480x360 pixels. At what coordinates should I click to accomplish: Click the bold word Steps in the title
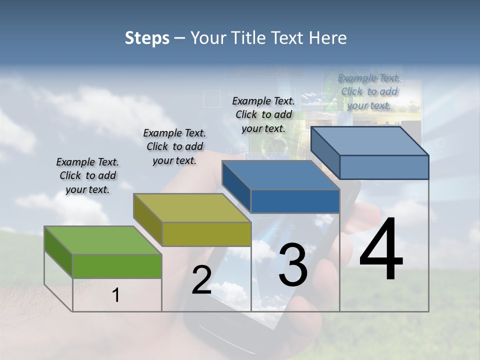[x=147, y=38]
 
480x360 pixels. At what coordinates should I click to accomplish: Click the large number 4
[x=381, y=249]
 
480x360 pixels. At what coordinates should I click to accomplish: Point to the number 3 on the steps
[x=293, y=265]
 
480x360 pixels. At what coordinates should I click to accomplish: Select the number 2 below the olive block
[x=201, y=280]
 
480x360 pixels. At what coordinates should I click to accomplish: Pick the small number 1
[x=116, y=295]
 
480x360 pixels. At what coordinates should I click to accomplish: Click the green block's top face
[x=102, y=240]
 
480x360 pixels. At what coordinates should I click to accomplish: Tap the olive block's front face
[x=206, y=234]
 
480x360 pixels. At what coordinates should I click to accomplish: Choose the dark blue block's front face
[x=295, y=201]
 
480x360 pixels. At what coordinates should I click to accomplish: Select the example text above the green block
[x=87, y=175]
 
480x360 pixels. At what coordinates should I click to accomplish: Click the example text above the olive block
[x=174, y=146]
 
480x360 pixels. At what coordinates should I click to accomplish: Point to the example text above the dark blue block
[x=263, y=114]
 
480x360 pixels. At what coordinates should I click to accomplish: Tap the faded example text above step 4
[x=369, y=91]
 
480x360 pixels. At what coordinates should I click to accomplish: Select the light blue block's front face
[x=384, y=167]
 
